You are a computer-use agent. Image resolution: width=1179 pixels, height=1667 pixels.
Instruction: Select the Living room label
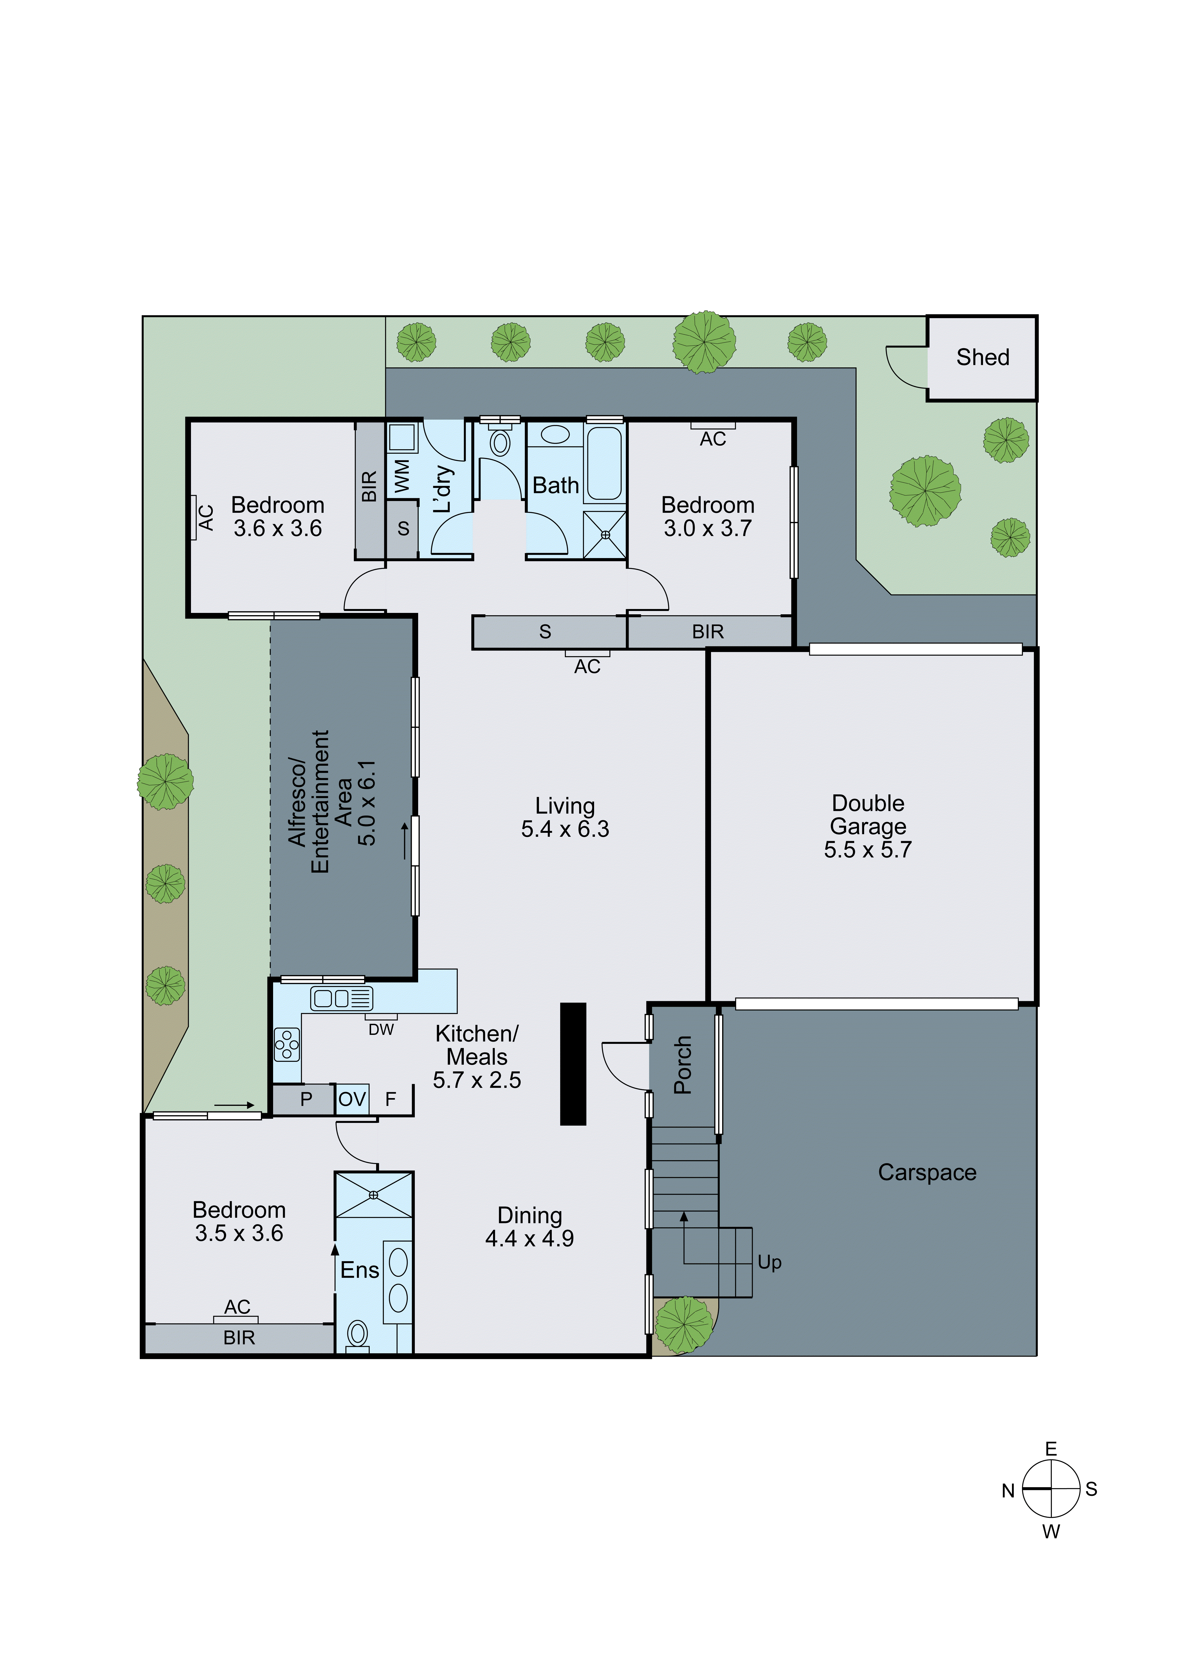pyautogui.click(x=565, y=806)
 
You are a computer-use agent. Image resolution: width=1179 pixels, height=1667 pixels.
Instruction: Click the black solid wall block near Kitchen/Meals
pyautogui.click(x=573, y=1064)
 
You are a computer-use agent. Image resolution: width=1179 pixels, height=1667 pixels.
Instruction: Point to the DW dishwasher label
pyautogui.click(x=381, y=1030)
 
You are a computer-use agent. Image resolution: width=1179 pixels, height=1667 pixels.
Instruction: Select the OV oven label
pyautogui.click(x=352, y=1099)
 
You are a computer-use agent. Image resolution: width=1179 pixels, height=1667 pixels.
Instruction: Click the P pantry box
pyautogui.click(x=306, y=1099)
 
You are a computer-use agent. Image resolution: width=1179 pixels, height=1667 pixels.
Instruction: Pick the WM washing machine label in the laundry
pyautogui.click(x=401, y=476)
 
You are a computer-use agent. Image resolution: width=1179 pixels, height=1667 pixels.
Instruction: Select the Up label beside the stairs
pyautogui.click(x=769, y=1263)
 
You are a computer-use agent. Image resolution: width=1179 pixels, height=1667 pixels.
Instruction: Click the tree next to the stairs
pyautogui.click(x=684, y=1325)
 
